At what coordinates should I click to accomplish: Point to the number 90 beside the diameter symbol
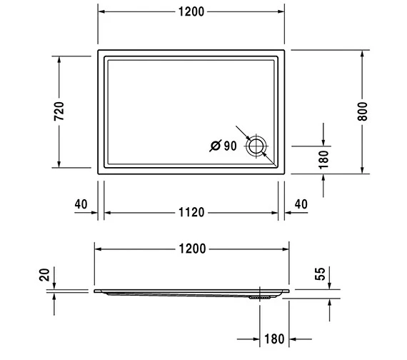tap(229, 146)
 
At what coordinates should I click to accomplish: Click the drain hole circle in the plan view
tap(256, 146)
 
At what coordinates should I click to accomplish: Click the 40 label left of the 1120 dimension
tap(81, 204)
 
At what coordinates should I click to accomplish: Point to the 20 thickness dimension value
tap(44, 275)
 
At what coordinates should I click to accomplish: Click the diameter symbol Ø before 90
tap(215, 146)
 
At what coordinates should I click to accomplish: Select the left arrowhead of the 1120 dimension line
tap(109, 213)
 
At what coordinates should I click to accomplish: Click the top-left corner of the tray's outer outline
tap(99, 51)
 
